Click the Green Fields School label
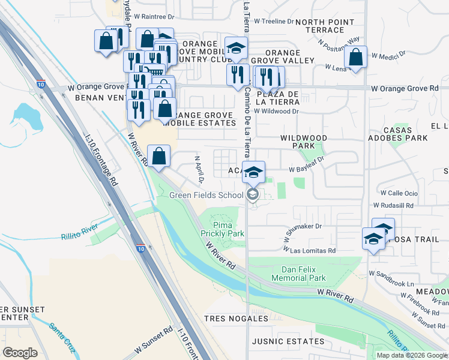click(206, 195)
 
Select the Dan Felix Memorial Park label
click(298, 274)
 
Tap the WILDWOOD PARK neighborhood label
click(304, 142)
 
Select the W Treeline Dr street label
click(274, 21)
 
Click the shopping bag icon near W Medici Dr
click(356, 58)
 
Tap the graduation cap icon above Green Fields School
click(253, 172)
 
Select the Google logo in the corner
click(20, 352)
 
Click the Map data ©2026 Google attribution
click(411, 355)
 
